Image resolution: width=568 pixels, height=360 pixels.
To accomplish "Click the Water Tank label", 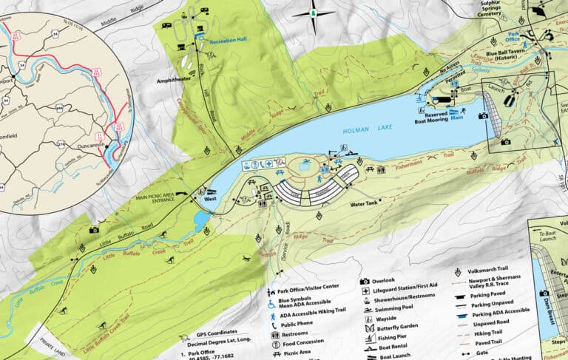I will point(365,203).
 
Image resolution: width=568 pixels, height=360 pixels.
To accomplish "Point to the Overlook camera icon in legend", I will point(365,281).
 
